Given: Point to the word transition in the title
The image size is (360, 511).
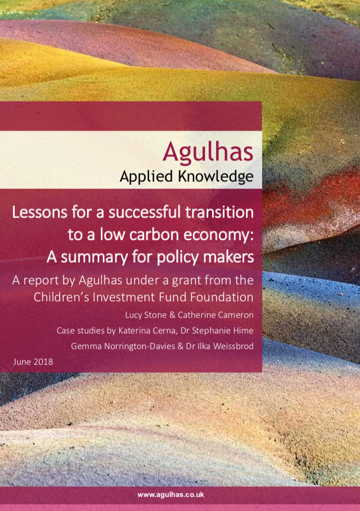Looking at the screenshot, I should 220,211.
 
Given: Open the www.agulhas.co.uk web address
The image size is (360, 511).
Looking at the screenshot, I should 171,494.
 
